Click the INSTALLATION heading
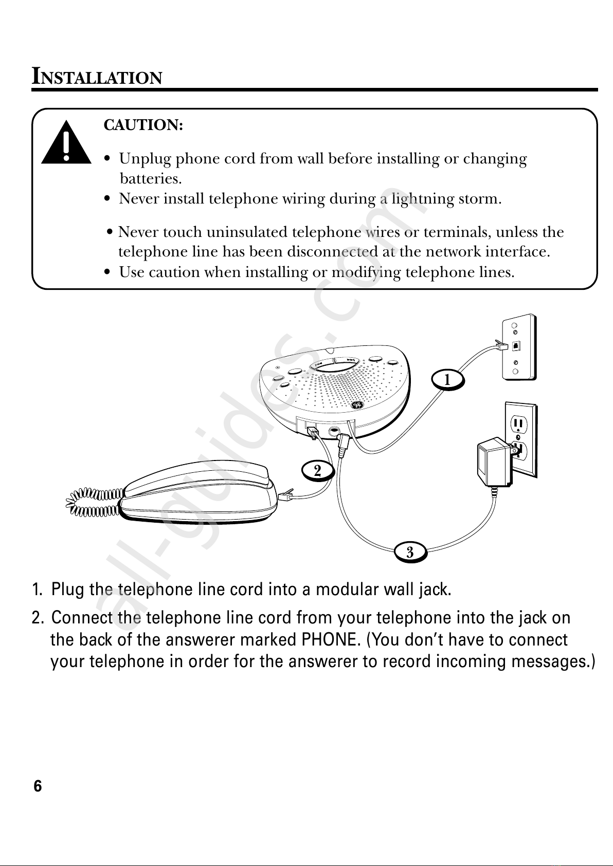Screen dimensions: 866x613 click(x=97, y=77)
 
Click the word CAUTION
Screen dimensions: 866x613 click(x=143, y=125)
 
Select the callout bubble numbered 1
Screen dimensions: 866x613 click(x=447, y=380)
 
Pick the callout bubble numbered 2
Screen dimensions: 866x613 click(x=317, y=470)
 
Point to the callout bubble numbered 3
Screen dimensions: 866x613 click(x=410, y=552)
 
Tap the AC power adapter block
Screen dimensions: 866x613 click(x=492, y=463)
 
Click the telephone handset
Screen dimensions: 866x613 click(x=198, y=491)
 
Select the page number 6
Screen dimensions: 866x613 click(x=38, y=786)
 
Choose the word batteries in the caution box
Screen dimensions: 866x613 click(x=151, y=179)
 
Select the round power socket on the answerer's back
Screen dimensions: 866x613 click(x=334, y=431)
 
